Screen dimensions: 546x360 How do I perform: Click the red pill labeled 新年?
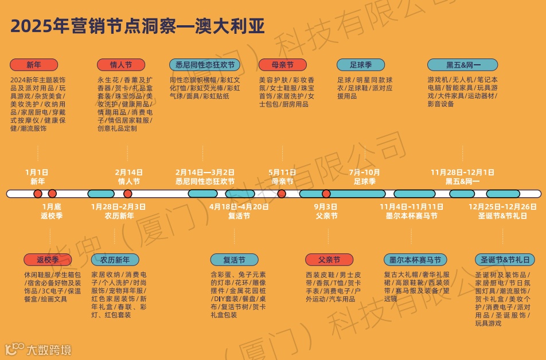click(34, 65)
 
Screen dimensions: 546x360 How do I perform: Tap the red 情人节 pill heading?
click(121, 65)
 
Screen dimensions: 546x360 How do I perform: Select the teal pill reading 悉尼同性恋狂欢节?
click(205, 65)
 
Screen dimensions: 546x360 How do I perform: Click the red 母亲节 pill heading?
click(282, 65)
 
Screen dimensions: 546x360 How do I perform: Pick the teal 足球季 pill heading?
click(360, 65)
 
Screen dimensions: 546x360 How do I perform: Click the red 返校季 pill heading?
click(49, 260)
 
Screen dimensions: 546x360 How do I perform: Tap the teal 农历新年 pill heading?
click(115, 260)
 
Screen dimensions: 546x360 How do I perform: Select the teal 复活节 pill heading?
click(234, 260)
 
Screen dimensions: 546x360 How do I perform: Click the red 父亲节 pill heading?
click(329, 260)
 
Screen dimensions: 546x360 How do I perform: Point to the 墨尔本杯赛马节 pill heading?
click(415, 260)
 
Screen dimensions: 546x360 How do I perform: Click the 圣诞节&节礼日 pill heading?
click(502, 260)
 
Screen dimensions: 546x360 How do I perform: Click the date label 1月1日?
click(37, 172)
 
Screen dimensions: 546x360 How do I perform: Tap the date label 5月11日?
click(282, 172)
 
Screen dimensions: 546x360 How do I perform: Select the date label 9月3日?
click(326, 206)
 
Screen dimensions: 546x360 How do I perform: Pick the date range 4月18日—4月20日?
click(239, 206)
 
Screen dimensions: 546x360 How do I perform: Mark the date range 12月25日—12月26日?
click(502, 206)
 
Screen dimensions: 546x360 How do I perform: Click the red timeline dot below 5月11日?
click(282, 194)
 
